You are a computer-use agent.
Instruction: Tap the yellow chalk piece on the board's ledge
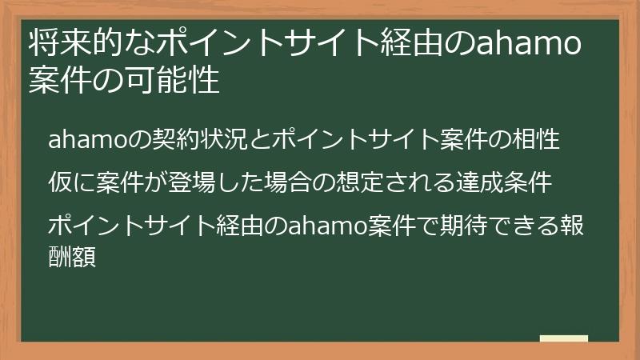coord(563,338)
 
